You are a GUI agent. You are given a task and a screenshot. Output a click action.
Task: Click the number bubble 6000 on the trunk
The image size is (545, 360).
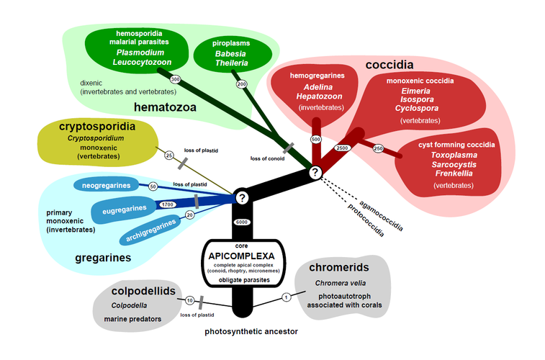[x=242, y=222]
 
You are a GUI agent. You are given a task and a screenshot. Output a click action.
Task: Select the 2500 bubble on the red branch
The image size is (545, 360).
[x=342, y=148]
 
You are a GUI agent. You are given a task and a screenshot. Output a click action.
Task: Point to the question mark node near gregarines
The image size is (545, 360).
[x=242, y=197]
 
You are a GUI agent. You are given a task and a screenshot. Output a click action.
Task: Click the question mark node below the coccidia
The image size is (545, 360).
[x=315, y=172]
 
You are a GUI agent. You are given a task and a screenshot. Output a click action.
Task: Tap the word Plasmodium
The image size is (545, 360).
[x=140, y=53]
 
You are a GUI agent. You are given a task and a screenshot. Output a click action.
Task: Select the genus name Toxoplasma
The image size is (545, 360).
[x=454, y=154]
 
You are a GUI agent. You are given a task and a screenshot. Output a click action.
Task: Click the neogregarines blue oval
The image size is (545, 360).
[x=104, y=186]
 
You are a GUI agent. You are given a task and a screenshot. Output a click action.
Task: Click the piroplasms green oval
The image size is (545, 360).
[x=232, y=53]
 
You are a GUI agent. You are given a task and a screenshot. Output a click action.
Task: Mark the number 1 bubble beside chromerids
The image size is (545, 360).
[x=286, y=296]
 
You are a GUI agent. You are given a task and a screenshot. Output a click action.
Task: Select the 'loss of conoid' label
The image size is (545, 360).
[x=266, y=158]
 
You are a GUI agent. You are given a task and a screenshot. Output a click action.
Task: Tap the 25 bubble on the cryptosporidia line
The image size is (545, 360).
[x=169, y=155]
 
